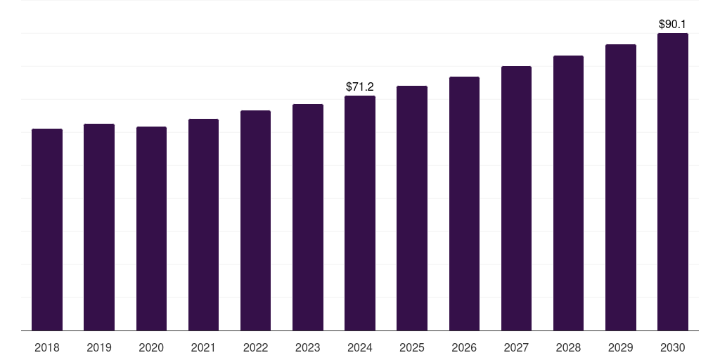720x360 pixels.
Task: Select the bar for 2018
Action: coord(47,230)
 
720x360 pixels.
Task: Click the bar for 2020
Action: coord(152,229)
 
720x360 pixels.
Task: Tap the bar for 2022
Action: coord(256,220)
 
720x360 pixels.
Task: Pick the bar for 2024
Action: coord(360,213)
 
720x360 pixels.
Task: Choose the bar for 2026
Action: coord(464,204)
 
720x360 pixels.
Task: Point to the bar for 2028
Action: coord(568,193)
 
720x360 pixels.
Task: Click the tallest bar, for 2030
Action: coord(673,182)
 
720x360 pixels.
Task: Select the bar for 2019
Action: coord(99,227)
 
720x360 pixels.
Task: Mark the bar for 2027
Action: coord(517,198)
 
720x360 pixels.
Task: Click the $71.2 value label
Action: coord(360,86)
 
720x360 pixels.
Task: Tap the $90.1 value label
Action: coord(673,25)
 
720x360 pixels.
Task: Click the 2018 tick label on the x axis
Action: coord(47,347)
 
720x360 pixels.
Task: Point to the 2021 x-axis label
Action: coord(203,347)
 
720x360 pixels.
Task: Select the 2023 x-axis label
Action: coord(308,347)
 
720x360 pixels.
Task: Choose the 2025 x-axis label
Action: coord(412,347)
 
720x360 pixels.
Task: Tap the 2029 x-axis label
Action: coord(620,347)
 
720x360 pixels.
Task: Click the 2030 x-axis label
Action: coord(673,347)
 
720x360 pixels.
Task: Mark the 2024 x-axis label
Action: coord(360,347)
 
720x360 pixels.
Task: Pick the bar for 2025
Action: coord(412,208)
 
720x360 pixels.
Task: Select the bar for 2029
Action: coord(621,187)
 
